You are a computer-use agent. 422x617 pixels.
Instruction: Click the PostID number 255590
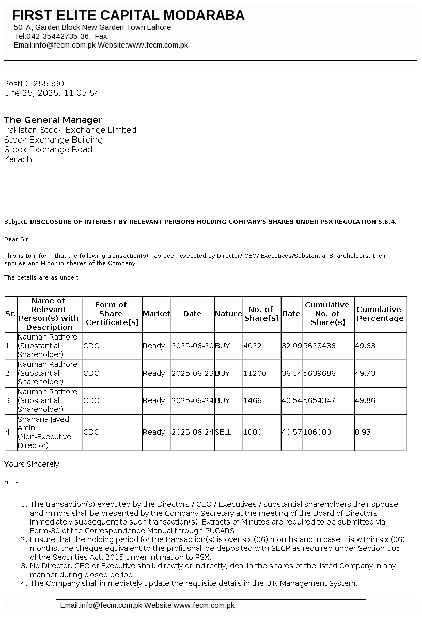48,83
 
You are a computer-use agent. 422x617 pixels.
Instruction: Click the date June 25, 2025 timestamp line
51,93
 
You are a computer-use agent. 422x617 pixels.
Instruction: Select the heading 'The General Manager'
53,120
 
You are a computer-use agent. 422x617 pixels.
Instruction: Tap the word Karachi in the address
19,159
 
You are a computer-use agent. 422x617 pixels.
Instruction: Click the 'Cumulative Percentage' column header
380,314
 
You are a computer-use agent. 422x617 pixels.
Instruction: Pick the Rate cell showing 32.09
291,346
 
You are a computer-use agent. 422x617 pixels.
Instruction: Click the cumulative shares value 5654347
320,400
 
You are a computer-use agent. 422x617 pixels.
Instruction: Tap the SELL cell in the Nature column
223,432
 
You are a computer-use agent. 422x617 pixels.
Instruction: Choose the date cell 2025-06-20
192,346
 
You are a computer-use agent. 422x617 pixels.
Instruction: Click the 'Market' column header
156,314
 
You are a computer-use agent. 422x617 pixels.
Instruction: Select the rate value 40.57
291,432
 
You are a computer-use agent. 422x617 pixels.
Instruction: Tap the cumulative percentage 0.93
363,432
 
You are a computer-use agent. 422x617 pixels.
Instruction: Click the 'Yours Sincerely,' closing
33,464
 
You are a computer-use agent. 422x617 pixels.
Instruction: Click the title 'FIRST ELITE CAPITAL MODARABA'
128,16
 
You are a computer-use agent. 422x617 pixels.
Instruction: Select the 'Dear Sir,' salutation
17,239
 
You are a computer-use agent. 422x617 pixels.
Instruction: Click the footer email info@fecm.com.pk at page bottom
101,605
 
